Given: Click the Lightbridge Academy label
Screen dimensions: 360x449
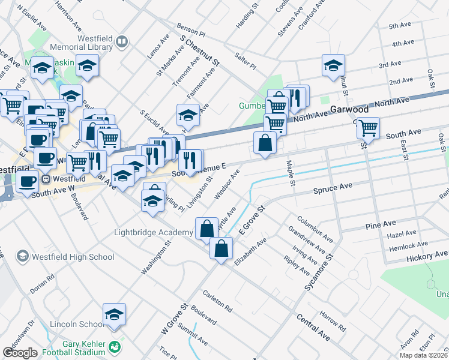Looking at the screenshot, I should pos(152,233).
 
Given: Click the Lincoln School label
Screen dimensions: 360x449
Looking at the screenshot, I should pos(77,324).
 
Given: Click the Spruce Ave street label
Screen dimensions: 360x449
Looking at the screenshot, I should pos(333,188).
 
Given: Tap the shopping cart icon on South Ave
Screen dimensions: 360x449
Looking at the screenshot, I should pos(368,127).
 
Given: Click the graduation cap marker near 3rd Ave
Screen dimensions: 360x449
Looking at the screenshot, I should pos(333,65).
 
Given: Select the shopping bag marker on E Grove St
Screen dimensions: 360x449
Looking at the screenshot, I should pos(221,248).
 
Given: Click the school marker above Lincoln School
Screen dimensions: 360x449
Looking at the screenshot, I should pos(113,314).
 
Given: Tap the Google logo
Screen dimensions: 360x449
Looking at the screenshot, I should pos(20,353).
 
